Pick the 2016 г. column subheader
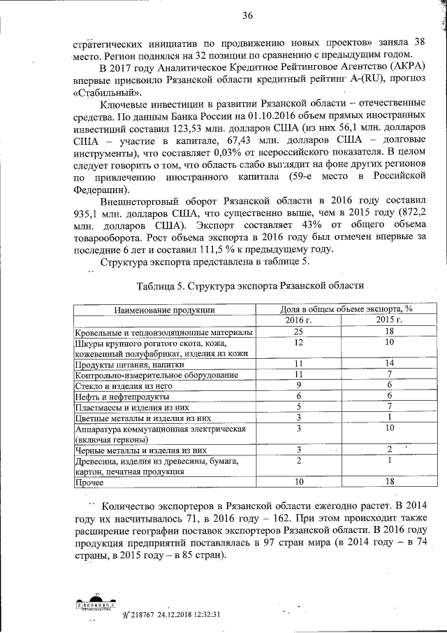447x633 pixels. (298, 320)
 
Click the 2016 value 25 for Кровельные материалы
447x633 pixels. (298, 331)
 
